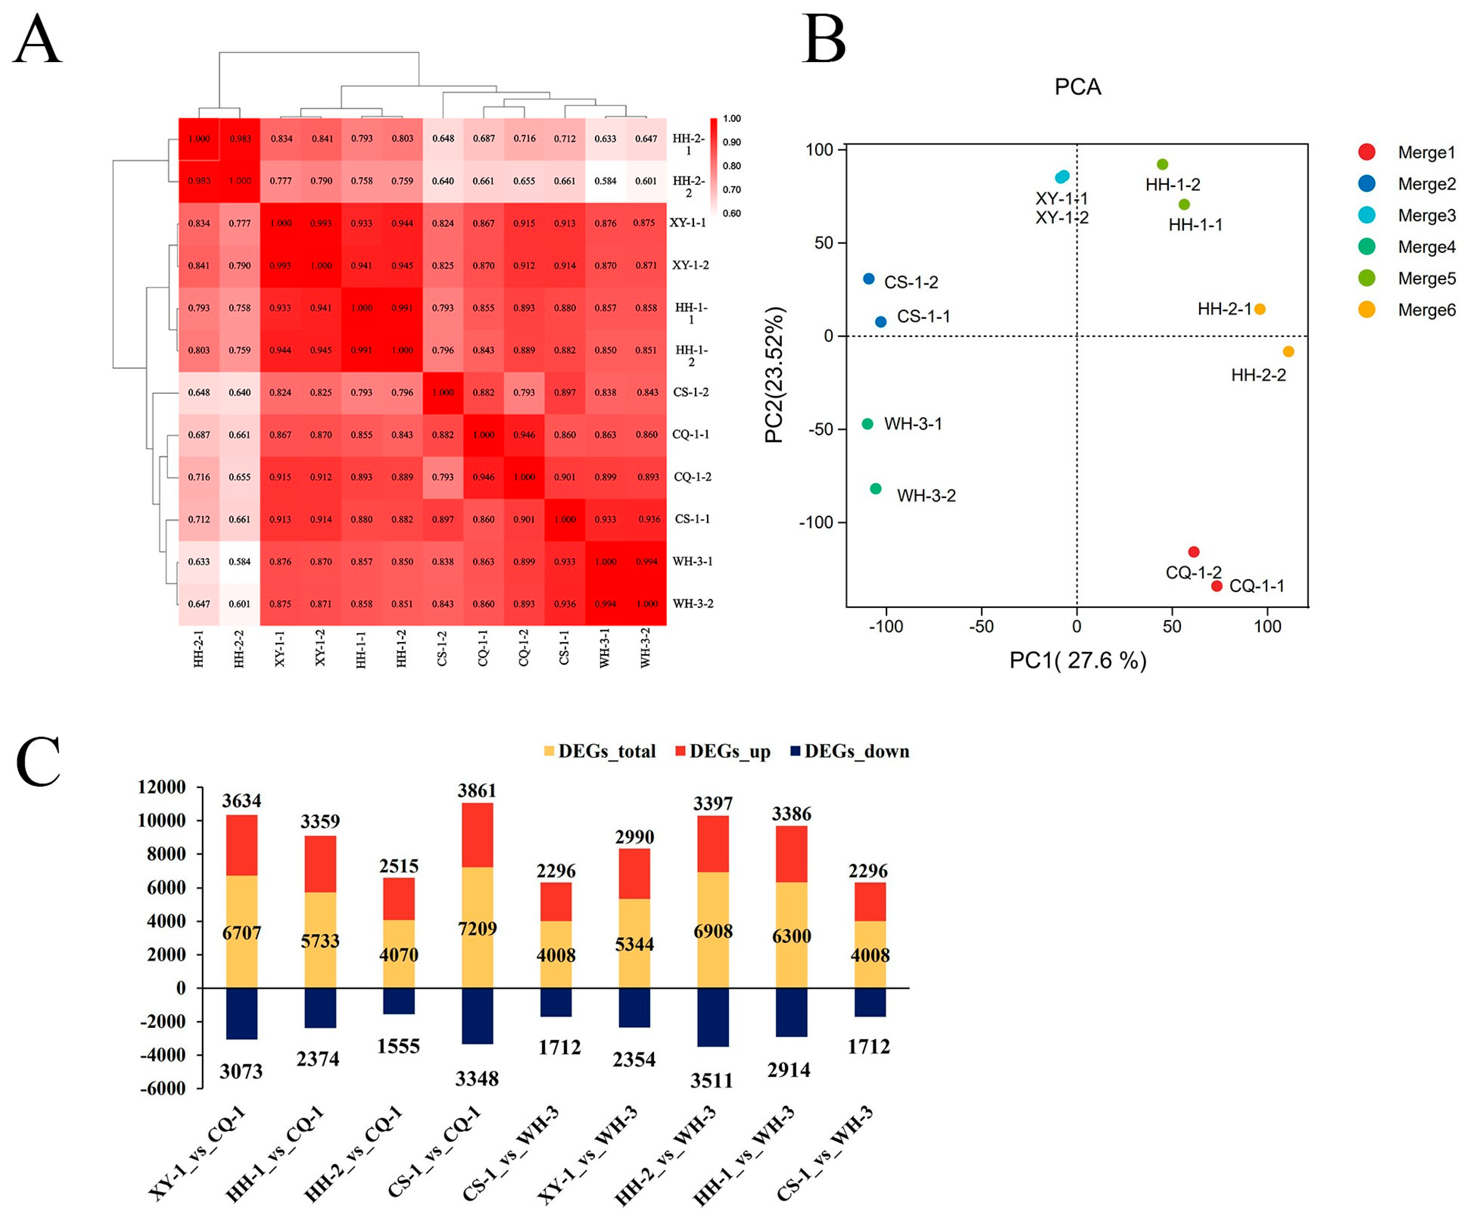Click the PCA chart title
(x=1077, y=86)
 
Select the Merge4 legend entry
(x=1426, y=246)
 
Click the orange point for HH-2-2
(x=1288, y=351)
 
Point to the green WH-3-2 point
(x=875, y=488)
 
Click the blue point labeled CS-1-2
(x=868, y=279)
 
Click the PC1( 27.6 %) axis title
(x=1077, y=660)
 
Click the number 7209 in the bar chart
(x=477, y=928)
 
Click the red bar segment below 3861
(x=477, y=835)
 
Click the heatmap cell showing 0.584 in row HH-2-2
(x=605, y=181)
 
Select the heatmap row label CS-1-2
(x=690, y=392)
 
